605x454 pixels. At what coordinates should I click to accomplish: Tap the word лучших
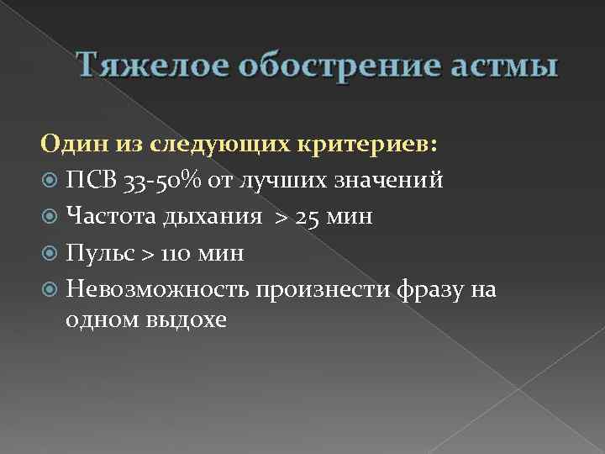[283, 180]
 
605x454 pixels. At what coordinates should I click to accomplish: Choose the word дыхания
[215, 217]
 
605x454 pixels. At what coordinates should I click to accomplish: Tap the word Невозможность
[158, 288]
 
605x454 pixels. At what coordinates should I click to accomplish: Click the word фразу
[424, 289]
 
